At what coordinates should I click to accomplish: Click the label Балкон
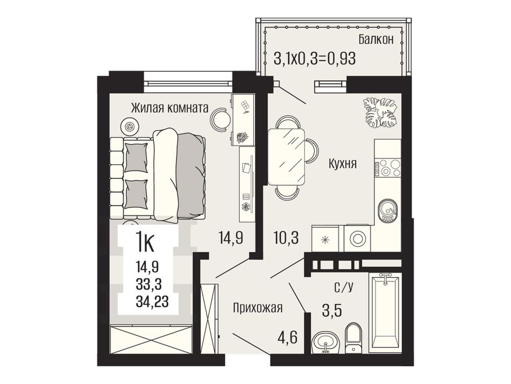click(x=376, y=39)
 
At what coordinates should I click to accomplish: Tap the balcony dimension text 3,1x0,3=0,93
click(x=315, y=59)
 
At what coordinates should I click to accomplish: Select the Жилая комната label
click(x=169, y=108)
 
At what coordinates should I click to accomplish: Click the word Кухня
click(x=342, y=163)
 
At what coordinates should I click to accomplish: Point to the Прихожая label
click(x=258, y=308)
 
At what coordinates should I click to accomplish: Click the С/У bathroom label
click(x=344, y=288)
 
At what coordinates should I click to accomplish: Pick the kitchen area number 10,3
click(x=286, y=238)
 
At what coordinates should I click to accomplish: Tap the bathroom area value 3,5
click(x=332, y=311)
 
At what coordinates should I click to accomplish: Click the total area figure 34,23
click(x=152, y=302)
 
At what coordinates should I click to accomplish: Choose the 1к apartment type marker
click(x=145, y=242)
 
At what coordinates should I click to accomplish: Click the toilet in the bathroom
click(x=353, y=338)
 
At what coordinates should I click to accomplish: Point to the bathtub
click(x=385, y=312)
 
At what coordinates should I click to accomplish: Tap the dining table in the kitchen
click(x=287, y=157)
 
